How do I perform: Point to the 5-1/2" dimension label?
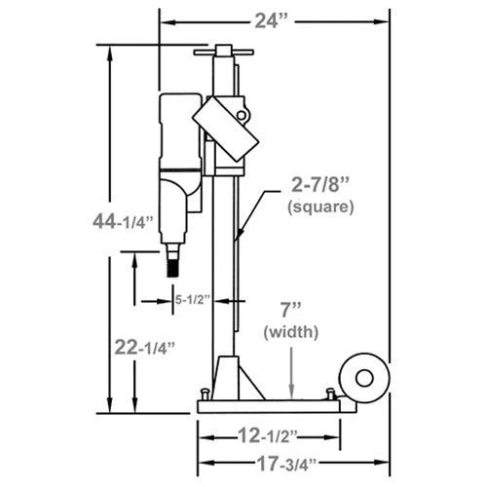coord(192,301)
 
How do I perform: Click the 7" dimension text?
coord(290,311)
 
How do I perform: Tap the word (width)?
coord(290,332)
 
